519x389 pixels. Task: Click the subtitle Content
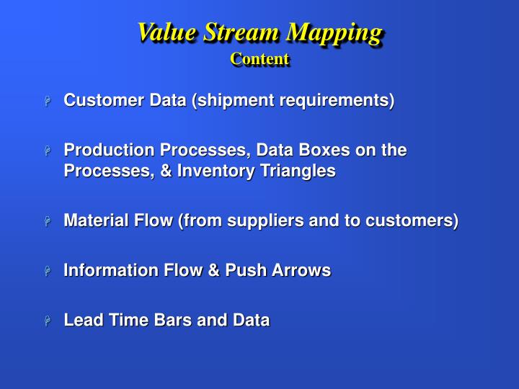259,59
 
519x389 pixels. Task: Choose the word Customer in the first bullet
97,100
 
